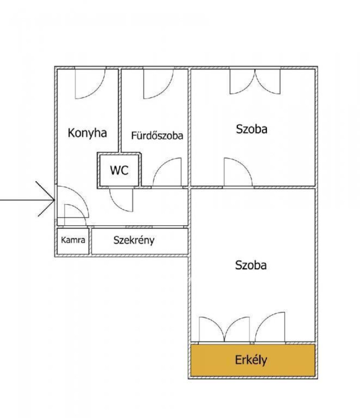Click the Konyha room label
coord(87,133)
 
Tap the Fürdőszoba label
coord(157,136)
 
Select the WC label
coord(119,170)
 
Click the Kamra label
coord(73,241)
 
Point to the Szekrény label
coord(134,240)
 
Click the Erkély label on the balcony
coord(251,360)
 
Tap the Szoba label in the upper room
coord(251,129)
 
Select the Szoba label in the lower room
coord(251,265)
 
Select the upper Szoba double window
coord(255,81)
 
